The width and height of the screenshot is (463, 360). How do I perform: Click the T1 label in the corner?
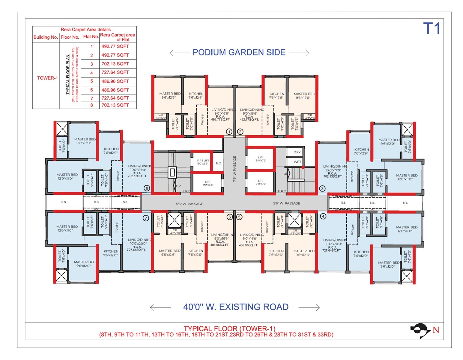432,29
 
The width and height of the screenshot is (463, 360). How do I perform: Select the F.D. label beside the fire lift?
219,163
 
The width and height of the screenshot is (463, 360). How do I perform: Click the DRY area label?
297,152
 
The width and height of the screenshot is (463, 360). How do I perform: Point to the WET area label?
297,162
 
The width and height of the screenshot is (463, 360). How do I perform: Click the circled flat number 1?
229,132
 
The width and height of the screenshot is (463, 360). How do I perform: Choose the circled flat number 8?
147,188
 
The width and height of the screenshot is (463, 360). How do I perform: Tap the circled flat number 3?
322,188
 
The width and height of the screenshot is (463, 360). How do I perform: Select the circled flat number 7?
146,218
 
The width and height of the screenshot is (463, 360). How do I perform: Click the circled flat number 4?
323,216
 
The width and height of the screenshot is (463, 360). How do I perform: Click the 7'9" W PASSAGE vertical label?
235,169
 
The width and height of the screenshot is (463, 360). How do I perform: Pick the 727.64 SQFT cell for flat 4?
115,72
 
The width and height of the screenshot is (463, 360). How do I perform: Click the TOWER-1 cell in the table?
47,78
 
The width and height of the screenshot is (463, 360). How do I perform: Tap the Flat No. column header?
91,37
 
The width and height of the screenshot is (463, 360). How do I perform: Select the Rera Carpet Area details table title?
85,29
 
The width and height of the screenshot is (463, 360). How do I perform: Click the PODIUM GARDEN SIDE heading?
239,52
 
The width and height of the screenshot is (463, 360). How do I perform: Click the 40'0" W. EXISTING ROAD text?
236,307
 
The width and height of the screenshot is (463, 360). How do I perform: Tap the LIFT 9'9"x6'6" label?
208,183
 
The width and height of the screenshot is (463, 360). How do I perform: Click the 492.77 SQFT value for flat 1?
115,46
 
